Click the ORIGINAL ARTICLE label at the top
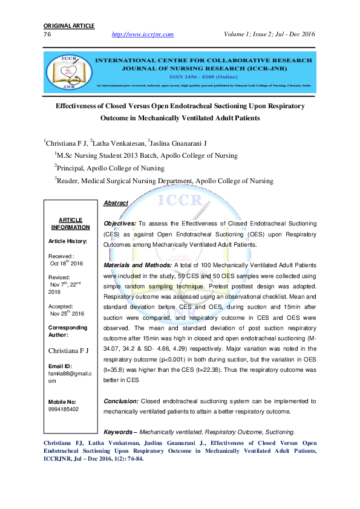[x=68, y=25]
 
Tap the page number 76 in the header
[x=46, y=34]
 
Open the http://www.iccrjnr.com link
[x=143, y=34]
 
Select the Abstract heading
[x=116, y=203]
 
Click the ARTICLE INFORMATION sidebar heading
[x=71, y=224]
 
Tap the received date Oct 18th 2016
[x=65, y=264]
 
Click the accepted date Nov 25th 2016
[x=67, y=314]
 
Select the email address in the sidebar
[x=70, y=377]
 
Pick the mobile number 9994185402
[x=64, y=409]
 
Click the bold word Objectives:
[x=119, y=224]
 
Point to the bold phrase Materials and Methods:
[x=137, y=265]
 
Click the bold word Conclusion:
[x=122, y=401]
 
